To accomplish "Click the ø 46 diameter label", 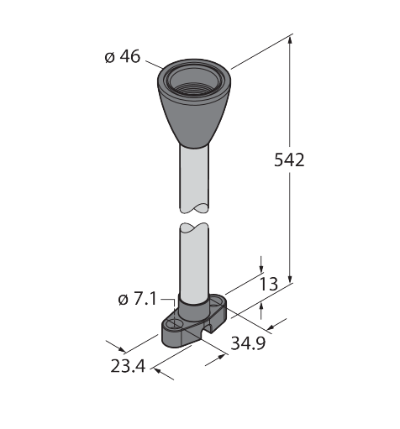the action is [x=123, y=57].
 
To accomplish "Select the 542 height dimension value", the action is [x=289, y=160].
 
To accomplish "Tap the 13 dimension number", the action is [x=269, y=284].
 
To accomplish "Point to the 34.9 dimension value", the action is [x=248, y=343].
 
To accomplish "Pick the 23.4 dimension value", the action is [x=128, y=366].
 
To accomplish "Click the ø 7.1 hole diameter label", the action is [x=137, y=300].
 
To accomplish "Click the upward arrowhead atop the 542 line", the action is [x=290, y=40].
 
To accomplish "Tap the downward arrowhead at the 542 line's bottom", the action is [x=290, y=278].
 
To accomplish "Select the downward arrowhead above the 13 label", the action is [x=261, y=268].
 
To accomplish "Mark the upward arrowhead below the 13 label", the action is [x=261, y=308].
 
